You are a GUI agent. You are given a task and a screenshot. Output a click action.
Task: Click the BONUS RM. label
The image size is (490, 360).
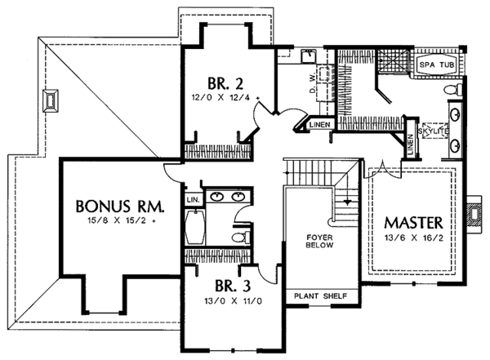click(x=119, y=203)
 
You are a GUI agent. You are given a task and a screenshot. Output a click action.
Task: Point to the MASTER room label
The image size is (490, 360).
click(x=414, y=222)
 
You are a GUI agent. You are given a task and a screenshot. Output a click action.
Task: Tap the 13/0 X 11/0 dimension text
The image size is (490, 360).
click(x=218, y=301)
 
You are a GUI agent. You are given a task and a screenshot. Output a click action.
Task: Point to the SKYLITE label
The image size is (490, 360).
click(x=432, y=131)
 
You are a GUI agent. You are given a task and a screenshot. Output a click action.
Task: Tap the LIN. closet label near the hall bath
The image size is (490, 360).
click(x=193, y=198)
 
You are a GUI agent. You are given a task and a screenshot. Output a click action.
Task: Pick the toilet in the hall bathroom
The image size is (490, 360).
click(x=238, y=238)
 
